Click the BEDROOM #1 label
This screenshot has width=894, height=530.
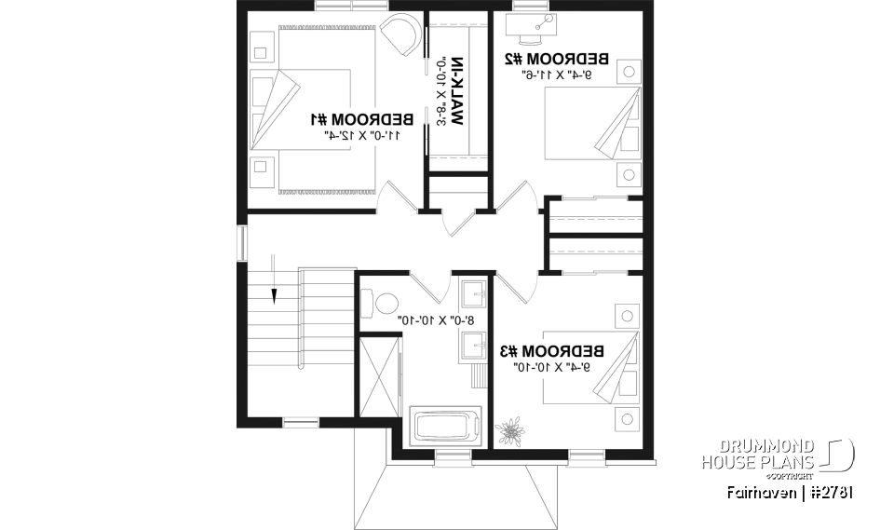tap(360, 119)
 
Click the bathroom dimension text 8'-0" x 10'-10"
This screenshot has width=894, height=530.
tap(436, 319)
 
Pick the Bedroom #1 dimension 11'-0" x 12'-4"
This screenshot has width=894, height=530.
tap(362, 135)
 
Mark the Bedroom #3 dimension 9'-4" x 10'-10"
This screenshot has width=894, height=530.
tap(553, 368)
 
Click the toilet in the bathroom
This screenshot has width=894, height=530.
tap(383, 303)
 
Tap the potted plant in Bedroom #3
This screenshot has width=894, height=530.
tap(509, 431)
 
